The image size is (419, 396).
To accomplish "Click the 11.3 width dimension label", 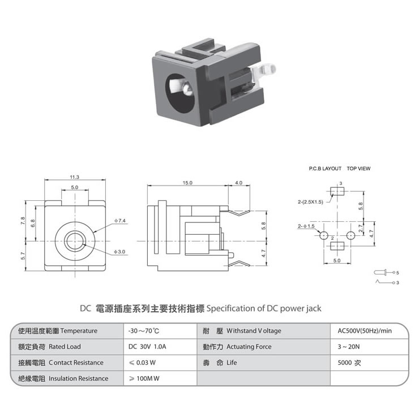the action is [x=75, y=177].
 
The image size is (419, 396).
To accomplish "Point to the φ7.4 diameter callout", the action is [x=119, y=221].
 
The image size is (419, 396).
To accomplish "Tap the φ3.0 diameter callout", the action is [x=119, y=252].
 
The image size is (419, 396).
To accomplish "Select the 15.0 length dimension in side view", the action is [x=187, y=183].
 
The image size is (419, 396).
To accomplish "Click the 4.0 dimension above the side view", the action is [x=238, y=183].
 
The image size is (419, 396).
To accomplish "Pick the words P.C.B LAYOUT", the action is [x=325, y=169].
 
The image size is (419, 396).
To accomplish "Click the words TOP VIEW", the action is [x=358, y=169].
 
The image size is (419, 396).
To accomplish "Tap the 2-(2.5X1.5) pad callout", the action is [x=310, y=202].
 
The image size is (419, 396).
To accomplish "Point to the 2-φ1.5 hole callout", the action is [x=306, y=226].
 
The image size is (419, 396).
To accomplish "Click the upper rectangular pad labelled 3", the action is [x=337, y=191].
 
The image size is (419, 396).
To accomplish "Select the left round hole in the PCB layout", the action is [x=324, y=235].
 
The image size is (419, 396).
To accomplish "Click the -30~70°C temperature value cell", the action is [x=144, y=331].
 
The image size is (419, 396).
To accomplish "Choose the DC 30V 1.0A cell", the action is [x=147, y=347].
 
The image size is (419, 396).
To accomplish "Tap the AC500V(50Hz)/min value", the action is [x=365, y=331].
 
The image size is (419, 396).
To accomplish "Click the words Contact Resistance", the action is [x=76, y=363].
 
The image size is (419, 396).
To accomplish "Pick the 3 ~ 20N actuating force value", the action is [x=349, y=347].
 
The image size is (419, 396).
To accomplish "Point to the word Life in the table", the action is [x=232, y=363].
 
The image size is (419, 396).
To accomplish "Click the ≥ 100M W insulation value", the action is [x=144, y=378].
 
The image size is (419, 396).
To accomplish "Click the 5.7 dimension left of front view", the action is [x=23, y=256].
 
